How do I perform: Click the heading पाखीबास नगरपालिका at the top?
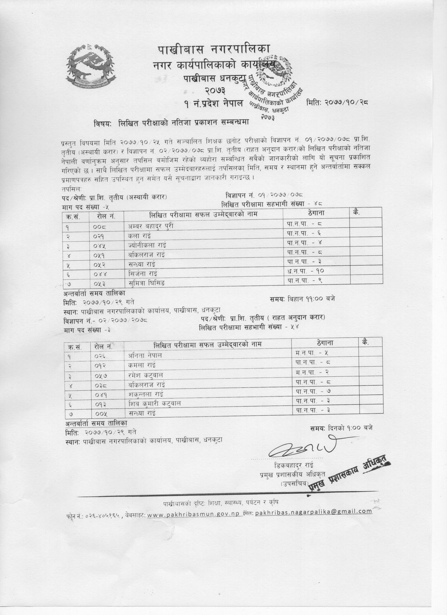214,50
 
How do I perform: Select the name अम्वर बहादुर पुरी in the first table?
151,226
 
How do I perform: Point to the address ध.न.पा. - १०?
305,270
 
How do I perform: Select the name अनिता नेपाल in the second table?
145,355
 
